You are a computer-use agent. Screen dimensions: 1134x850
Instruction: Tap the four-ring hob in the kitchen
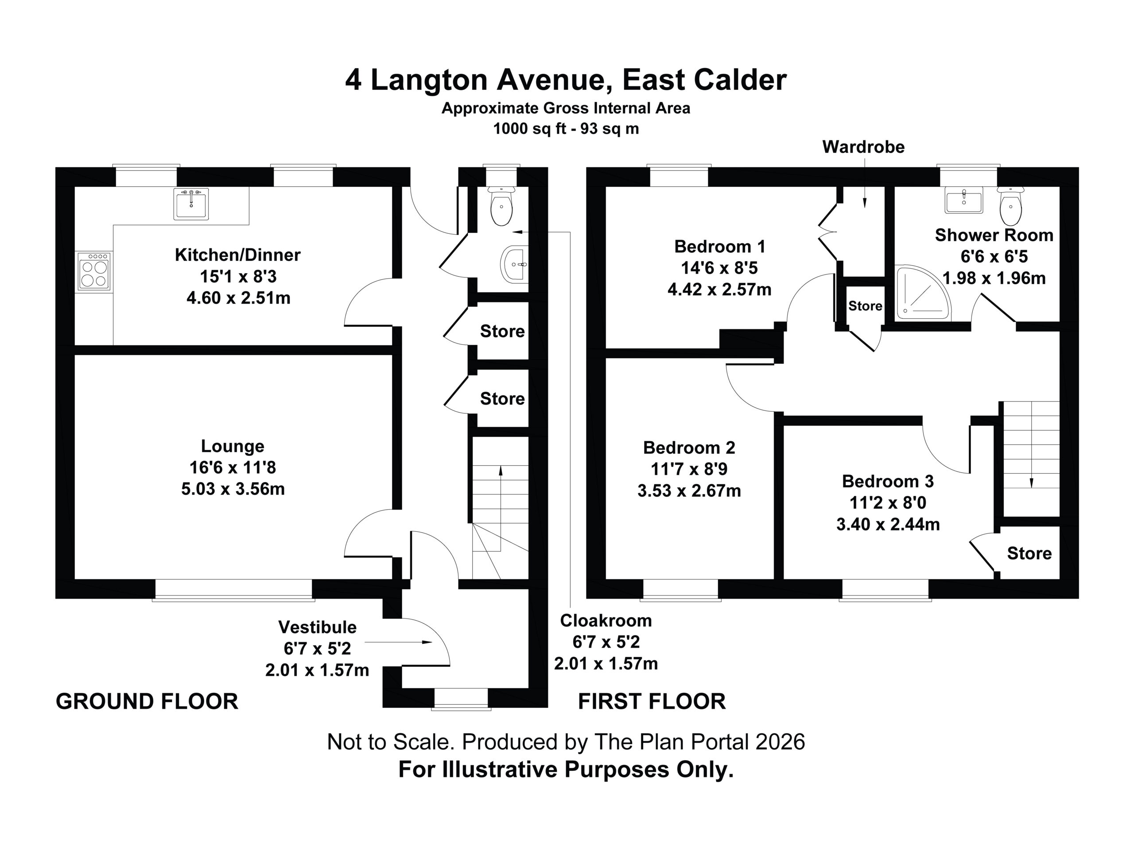click(x=94, y=271)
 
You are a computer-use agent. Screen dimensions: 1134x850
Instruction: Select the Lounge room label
click(x=232, y=446)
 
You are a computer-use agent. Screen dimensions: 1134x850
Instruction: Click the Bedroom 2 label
click(x=689, y=448)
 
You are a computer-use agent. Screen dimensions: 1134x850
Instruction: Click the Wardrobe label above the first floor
click(x=863, y=147)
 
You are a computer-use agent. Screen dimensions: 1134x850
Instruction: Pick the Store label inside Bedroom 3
click(x=1029, y=553)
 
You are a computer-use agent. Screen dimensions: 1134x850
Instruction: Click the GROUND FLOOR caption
click(x=147, y=701)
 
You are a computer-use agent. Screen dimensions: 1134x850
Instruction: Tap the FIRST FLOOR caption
click(x=652, y=701)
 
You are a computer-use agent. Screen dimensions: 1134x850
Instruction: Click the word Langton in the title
click(x=429, y=81)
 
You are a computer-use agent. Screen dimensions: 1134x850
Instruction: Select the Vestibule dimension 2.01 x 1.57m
click(x=317, y=670)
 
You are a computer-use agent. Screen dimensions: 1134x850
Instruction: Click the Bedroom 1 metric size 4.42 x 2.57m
click(x=719, y=290)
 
